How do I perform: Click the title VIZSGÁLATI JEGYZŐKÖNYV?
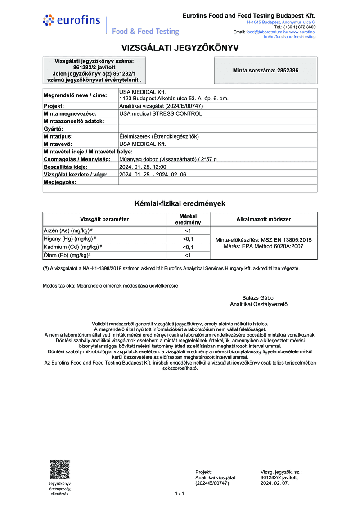click(180, 48)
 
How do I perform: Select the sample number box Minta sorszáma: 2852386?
click(265, 71)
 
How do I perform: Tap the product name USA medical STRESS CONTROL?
click(161, 113)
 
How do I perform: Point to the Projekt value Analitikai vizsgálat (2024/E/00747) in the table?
click(162, 106)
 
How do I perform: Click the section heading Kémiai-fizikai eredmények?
click(180, 203)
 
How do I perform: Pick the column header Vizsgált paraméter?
click(104, 219)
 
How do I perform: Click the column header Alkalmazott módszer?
click(264, 219)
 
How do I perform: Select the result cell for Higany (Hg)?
click(188, 239)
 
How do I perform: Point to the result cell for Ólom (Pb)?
click(188, 256)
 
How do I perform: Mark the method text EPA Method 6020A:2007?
click(274, 247)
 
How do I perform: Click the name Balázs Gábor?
click(259, 297)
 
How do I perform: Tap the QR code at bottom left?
click(60, 469)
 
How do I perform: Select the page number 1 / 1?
click(180, 494)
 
